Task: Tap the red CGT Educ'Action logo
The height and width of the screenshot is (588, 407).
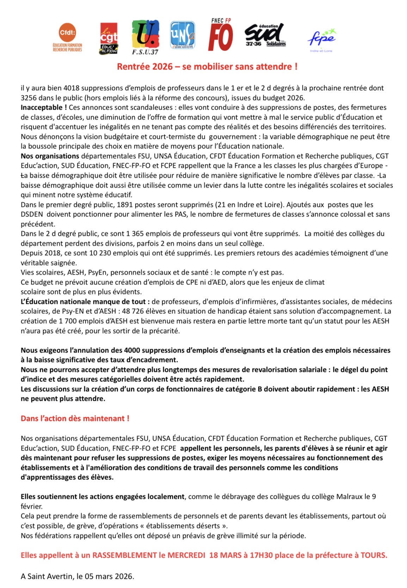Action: click(x=109, y=38)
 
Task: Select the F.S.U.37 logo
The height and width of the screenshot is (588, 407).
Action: click(x=145, y=37)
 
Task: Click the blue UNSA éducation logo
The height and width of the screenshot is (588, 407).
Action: click(x=183, y=35)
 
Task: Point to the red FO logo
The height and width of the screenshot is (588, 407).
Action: click(x=220, y=35)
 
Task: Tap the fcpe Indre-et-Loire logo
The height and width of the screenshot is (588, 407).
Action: click(x=321, y=38)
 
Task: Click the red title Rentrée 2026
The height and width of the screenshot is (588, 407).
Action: click(x=207, y=66)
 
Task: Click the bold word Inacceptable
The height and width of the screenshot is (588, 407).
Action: click(x=43, y=108)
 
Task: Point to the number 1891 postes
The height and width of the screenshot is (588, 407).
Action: click(x=125, y=205)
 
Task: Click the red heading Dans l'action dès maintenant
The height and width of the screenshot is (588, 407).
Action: click(x=75, y=418)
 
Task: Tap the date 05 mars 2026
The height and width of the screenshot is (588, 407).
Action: click(x=109, y=577)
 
